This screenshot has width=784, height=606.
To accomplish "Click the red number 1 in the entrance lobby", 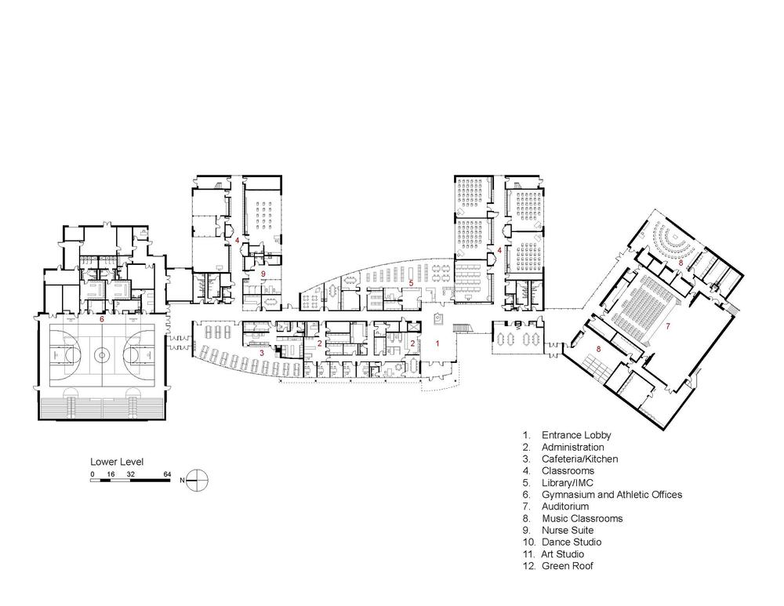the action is click(437, 343).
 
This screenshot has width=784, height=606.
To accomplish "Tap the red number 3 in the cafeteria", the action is click(261, 353).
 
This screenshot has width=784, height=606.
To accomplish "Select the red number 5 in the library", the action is click(411, 283).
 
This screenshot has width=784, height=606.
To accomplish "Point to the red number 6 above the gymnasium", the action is click(101, 318).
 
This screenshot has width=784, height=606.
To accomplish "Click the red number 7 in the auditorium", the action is click(667, 326).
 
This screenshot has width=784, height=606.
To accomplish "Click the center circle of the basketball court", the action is click(101, 355).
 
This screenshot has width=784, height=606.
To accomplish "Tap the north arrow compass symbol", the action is click(198, 480).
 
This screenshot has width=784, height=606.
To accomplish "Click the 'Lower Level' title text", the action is click(117, 462).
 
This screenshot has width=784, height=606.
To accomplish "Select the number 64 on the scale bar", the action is click(167, 474).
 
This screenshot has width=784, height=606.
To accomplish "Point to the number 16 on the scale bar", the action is click(111, 474).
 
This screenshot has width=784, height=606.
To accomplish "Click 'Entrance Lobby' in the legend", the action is click(576, 436).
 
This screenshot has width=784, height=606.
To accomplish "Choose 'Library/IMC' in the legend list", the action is click(568, 482).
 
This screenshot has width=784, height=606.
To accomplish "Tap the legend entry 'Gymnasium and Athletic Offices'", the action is click(612, 495).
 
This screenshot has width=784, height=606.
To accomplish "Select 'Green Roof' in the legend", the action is click(568, 566).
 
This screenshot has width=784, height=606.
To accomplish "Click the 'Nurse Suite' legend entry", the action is click(568, 530).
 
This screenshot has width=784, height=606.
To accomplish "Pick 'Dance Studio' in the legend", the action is click(572, 542).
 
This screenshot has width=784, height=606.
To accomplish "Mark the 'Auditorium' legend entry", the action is click(565, 506).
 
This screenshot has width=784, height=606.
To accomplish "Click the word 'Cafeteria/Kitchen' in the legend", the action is click(580, 459).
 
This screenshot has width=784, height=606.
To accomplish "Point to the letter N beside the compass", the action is click(182, 481).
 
